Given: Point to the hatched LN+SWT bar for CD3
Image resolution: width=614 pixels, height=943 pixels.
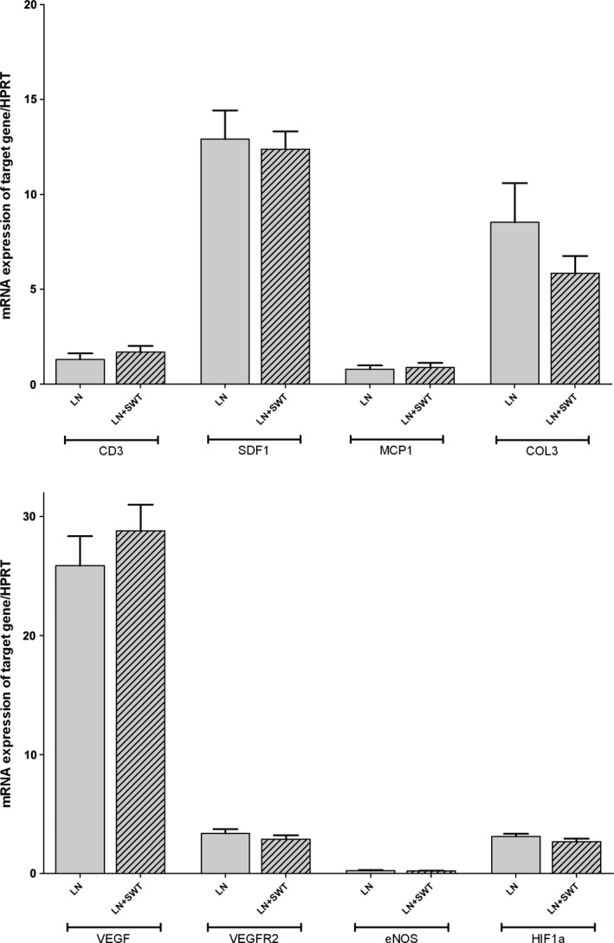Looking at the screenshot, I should [x=140, y=368].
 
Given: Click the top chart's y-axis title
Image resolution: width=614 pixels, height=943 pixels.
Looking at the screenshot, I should [x=8, y=194].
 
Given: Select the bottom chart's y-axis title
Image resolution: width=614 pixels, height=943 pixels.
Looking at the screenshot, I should [x=8, y=684].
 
